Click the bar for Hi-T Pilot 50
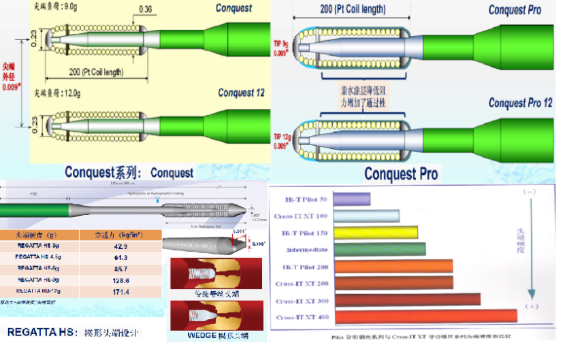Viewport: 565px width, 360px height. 352,199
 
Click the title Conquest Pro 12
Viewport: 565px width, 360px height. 519,103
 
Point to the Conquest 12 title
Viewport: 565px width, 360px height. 242,93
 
